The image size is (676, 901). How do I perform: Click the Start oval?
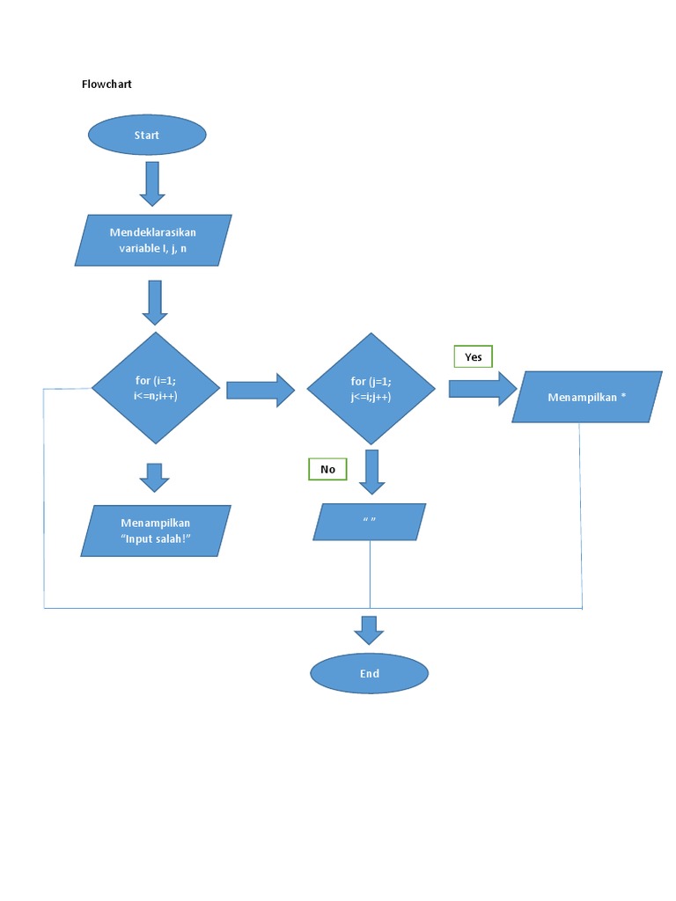click(147, 135)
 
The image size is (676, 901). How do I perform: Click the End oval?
click(369, 673)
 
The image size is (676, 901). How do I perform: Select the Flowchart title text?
click(107, 84)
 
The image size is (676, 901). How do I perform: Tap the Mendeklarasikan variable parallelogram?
click(153, 240)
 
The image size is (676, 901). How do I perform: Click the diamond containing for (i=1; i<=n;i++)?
click(156, 388)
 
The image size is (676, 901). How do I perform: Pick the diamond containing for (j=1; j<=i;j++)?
click(371, 388)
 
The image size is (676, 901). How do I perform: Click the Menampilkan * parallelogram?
click(586, 397)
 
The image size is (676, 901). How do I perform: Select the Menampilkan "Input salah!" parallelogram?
click(156, 530)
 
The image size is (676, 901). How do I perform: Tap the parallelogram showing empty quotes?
click(370, 522)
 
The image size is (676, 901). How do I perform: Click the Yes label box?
click(474, 357)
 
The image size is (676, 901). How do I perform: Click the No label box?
click(328, 469)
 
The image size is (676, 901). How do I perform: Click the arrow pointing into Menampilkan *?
click(482, 388)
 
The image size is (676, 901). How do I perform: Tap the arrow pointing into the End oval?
click(369, 630)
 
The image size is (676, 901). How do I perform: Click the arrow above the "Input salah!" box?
click(154, 477)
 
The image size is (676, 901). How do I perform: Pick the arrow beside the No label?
click(371, 472)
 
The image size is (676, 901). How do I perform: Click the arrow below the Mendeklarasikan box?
click(154, 302)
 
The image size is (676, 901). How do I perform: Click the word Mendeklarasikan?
click(153, 232)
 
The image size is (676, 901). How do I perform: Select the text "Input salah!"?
click(156, 538)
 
